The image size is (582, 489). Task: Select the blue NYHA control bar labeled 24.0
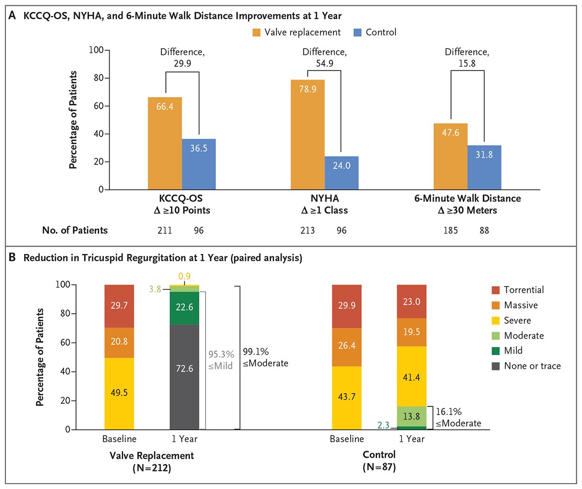341,173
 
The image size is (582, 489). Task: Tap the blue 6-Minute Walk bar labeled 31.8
485,167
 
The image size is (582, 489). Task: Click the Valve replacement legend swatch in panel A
256,33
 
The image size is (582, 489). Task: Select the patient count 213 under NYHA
307,230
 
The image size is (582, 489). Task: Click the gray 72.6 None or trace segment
184,376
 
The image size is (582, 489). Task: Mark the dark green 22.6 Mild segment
184,308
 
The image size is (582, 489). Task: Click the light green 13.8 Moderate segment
412,416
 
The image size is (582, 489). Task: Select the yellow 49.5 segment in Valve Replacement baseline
119,393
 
